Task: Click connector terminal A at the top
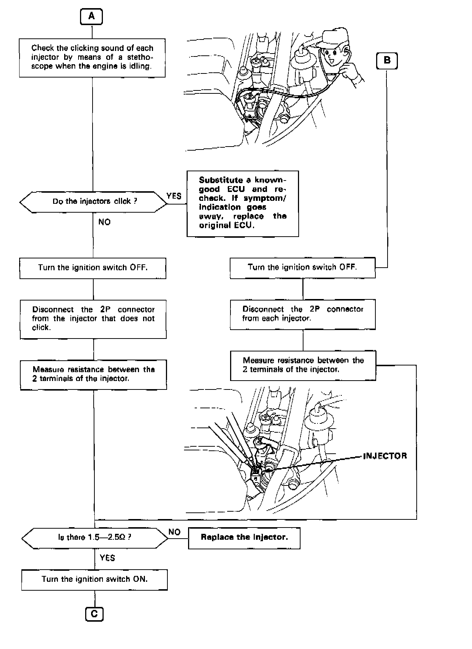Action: pyautogui.click(x=91, y=17)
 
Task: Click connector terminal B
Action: pyautogui.click(x=387, y=60)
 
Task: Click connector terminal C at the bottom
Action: pyautogui.click(x=94, y=614)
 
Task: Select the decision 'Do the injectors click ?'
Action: pyautogui.click(x=93, y=202)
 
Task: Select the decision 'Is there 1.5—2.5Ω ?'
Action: pyautogui.click(x=94, y=537)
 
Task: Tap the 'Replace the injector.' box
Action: pyautogui.click(x=244, y=538)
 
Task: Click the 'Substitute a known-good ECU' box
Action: pyautogui.click(x=243, y=203)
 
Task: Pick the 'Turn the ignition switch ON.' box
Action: pyautogui.click(x=94, y=579)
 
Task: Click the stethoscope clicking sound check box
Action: pyautogui.click(x=92, y=58)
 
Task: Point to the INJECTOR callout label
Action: pyautogui.click(x=385, y=456)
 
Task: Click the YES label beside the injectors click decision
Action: pyautogui.click(x=174, y=196)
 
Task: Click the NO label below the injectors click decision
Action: pyautogui.click(x=104, y=222)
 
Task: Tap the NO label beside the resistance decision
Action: pyautogui.click(x=174, y=532)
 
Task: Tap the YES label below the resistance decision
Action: pyautogui.click(x=107, y=558)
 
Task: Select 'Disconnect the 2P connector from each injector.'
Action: pyautogui.click(x=303, y=314)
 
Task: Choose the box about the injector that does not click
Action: pyautogui.click(x=93, y=319)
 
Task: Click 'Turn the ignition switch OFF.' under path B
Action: pyautogui.click(x=302, y=268)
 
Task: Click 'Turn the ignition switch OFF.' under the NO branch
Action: pyautogui.click(x=93, y=268)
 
